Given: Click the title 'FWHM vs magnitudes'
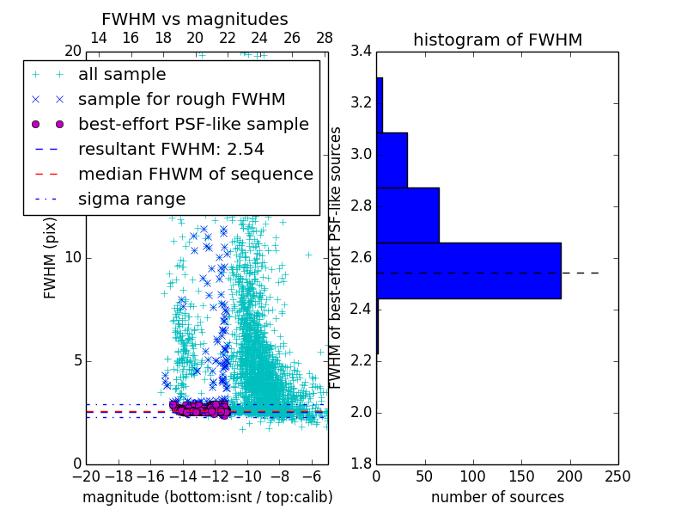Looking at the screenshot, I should tap(194, 19).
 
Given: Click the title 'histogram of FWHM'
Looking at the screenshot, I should tap(497, 40).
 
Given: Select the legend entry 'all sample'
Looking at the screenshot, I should tap(122, 75).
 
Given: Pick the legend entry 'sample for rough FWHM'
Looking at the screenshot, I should tap(181, 100).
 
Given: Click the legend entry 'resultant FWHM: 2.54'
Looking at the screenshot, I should tap(171, 150).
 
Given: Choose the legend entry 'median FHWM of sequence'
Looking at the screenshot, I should tap(195, 174).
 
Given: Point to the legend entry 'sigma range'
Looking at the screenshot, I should tap(131, 199).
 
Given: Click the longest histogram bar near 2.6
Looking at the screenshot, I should tap(468, 270).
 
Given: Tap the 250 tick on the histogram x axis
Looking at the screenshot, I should tap(618, 475).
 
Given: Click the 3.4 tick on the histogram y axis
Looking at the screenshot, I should tap(362, 52).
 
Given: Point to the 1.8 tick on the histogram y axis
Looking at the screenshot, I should tap(362, 464).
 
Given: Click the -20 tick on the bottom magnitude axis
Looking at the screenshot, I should tap(86, 475).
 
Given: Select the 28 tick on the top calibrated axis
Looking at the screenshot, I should tap(325, 38).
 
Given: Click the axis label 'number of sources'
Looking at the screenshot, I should tap(497, 497).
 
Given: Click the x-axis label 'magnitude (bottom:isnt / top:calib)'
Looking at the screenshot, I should tap(207, 497).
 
